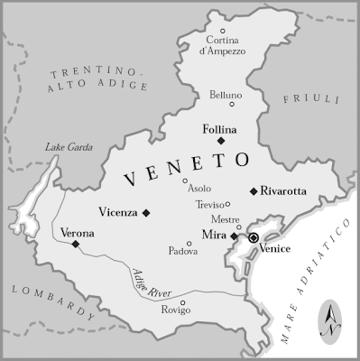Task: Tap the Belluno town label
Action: click(x=226, y=95)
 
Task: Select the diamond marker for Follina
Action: click(x=220, y=141)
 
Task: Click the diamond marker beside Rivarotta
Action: click(x=254, y=191)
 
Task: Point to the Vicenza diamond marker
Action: click(x=146, y=213)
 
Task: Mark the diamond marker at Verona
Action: click(x=76, y=245)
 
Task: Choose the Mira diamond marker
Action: click(x=234, y=236)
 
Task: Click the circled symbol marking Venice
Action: click(x=254, y=237)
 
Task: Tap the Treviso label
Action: click(x=209, y=205)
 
